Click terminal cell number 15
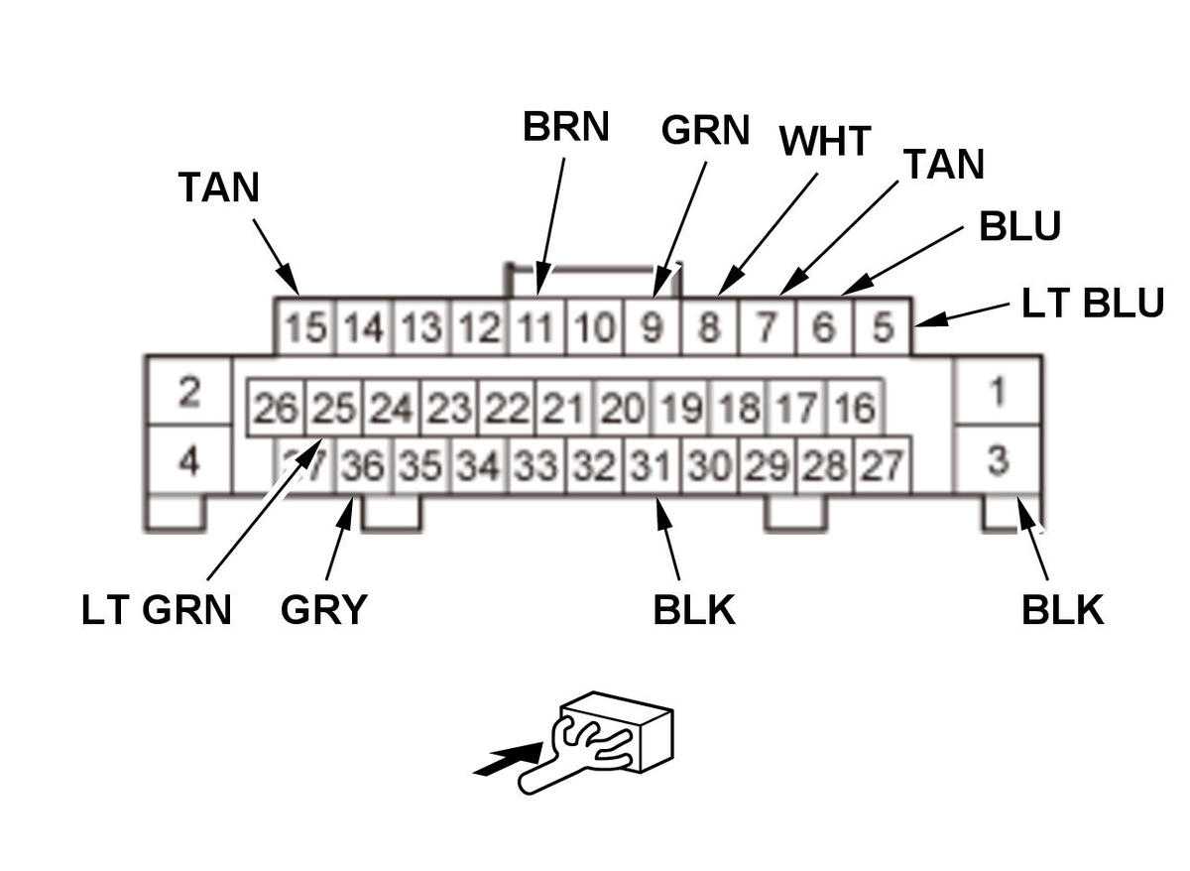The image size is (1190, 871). (x=305, y=327)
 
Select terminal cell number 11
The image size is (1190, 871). (x=535, y=327)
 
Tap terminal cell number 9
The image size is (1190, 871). (x=652, y=327)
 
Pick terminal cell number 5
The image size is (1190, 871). (x=882, y=327)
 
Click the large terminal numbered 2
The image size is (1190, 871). (x=188, y=392)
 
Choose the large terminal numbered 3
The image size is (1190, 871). (x=998, y=460)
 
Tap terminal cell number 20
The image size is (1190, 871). (x=622, y=408)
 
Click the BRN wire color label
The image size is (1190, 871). (x=565, y=127)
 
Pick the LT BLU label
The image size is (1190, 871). (x=1092, y=303)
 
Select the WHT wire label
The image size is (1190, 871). (x=824, y=142)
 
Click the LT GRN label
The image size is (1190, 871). (x=157, y=610)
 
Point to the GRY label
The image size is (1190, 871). (x=323, y=610)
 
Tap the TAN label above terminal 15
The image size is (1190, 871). (x=218, y=187)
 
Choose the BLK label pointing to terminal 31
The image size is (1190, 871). (x=694, y=610)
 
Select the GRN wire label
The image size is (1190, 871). (x=704, y=130)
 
